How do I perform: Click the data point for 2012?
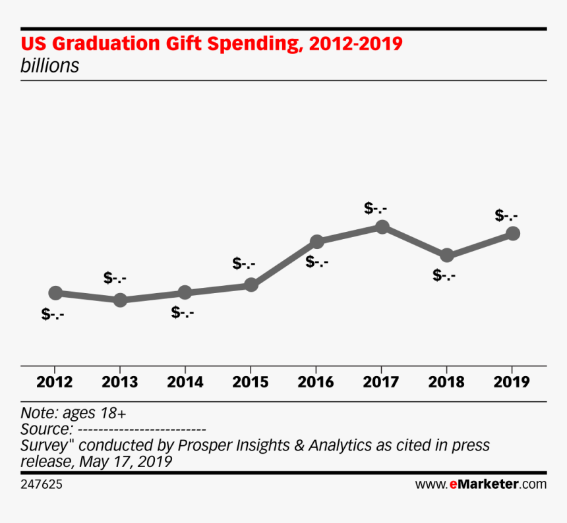point(55,293)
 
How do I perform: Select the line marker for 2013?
point(120,300)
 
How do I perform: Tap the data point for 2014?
point(185,292)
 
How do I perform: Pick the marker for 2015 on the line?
point(251,285)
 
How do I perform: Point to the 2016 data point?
point(316,242)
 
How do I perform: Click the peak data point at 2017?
point(382,227)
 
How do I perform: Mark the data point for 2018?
point(446,256)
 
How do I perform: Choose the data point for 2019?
point(512,233)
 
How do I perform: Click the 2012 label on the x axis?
point(55,382)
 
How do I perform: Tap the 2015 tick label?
point(251,382)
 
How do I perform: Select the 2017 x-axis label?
point(381,382)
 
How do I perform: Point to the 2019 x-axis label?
point(512,382)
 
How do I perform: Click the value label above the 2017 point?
point(375,208)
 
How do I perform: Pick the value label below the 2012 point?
point(53,314)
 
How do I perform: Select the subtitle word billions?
point(49,66)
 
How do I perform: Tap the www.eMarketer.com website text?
point(481,484)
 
